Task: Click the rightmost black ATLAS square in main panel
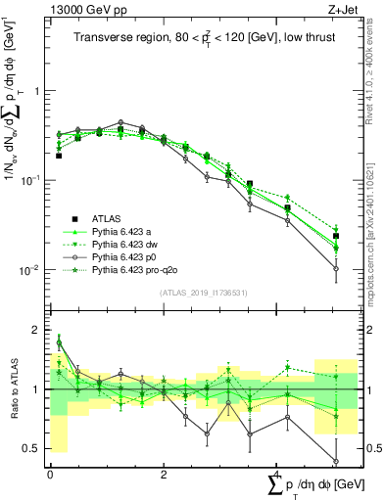pos(336,236)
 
